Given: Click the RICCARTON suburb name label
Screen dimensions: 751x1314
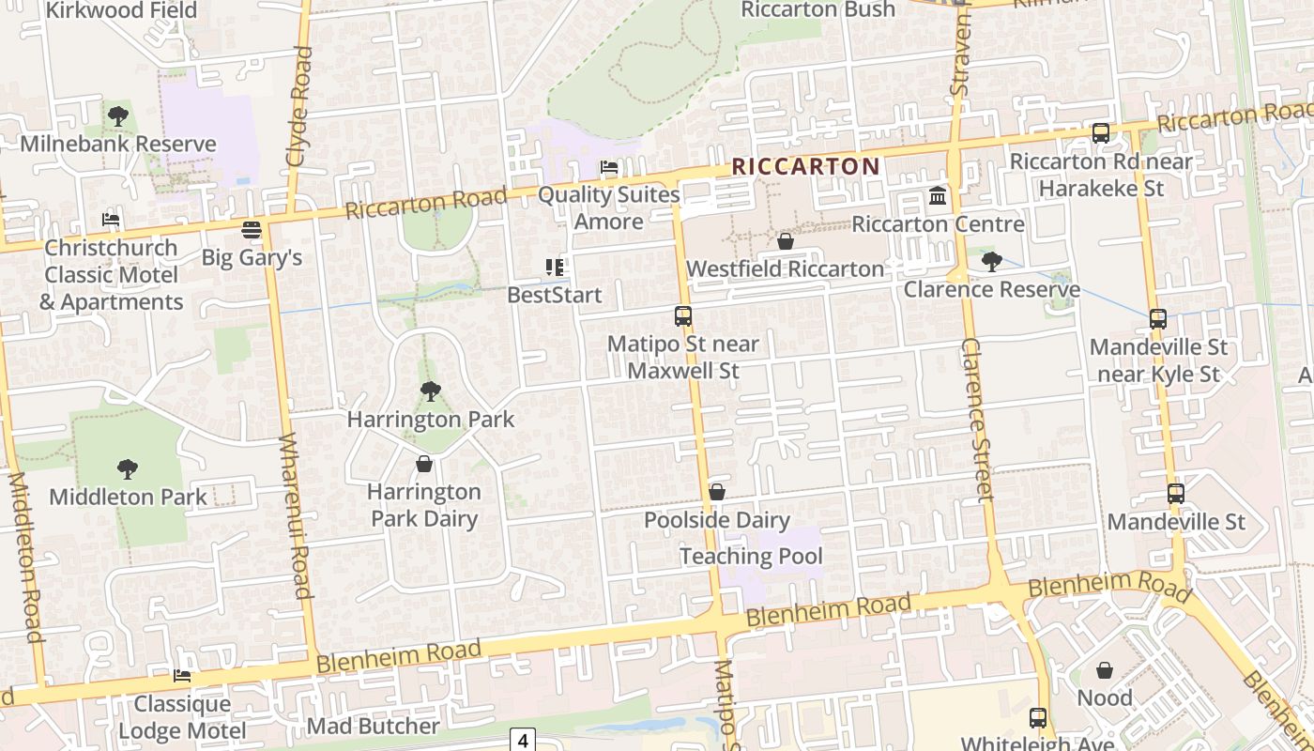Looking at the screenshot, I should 805,167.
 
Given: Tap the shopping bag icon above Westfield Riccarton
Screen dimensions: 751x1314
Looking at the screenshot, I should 786,242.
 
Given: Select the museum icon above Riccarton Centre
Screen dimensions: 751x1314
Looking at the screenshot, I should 938,196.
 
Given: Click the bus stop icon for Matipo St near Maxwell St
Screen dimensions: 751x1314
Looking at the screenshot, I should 683,316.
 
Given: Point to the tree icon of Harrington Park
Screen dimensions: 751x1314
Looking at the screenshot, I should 431,391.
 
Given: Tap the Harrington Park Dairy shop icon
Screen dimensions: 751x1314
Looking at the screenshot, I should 424,464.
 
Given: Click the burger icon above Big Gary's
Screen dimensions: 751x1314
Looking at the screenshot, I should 252,230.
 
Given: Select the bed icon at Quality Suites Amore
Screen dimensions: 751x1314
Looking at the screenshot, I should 609,168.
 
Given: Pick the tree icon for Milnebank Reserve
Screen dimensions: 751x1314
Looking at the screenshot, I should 118,116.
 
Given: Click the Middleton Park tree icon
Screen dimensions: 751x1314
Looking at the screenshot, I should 128,469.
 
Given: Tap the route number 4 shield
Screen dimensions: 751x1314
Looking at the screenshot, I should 522,740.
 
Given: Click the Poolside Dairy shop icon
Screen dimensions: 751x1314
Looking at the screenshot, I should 717,492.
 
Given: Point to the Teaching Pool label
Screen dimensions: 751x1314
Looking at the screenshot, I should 751,556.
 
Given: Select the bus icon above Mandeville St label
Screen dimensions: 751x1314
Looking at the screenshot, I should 1176,494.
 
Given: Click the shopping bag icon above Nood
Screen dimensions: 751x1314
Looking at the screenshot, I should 1105,670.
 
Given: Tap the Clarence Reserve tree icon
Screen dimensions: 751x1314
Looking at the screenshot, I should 991,262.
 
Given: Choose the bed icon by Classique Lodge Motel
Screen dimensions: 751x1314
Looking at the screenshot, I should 182,676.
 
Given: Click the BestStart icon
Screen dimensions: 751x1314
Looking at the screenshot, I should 555,268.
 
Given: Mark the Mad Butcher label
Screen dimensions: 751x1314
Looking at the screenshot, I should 373,726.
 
